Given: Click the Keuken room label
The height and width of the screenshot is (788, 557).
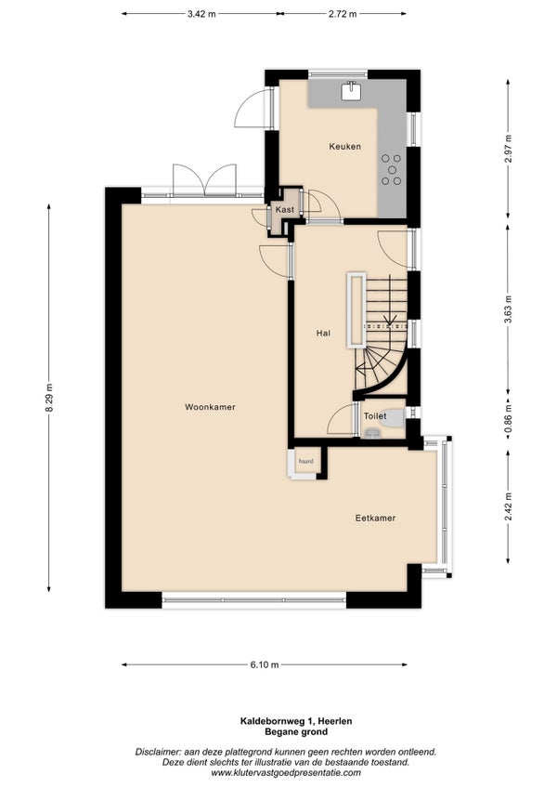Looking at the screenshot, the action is point(344,146).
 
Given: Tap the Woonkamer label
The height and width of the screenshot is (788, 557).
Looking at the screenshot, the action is point(210,407).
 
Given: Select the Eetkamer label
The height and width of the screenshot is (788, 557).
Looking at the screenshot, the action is point(375,518).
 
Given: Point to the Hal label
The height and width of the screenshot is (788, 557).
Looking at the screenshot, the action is point(323,333).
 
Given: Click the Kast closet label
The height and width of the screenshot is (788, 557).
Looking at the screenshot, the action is point(285,210).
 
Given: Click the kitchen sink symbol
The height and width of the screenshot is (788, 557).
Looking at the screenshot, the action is point(352,90).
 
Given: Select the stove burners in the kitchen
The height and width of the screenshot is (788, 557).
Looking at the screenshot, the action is point(391,170).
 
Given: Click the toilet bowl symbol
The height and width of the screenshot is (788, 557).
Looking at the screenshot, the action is point(394,417).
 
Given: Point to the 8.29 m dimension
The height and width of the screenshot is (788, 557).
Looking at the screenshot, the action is point(49,398).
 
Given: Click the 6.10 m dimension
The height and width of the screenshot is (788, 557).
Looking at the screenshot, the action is point(265,665).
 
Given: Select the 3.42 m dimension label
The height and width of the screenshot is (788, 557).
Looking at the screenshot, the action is point(201,14).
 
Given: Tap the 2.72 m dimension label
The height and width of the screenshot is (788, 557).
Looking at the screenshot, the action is point(343,14).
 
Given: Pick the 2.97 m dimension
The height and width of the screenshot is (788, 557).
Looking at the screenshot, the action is point(509,149).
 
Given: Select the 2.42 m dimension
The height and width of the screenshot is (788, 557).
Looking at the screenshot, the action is point(509,506).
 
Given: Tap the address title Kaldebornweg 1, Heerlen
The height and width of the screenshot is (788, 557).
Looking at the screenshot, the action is point(296,721).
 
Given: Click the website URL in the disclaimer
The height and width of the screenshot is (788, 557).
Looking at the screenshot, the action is point(286,773).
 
